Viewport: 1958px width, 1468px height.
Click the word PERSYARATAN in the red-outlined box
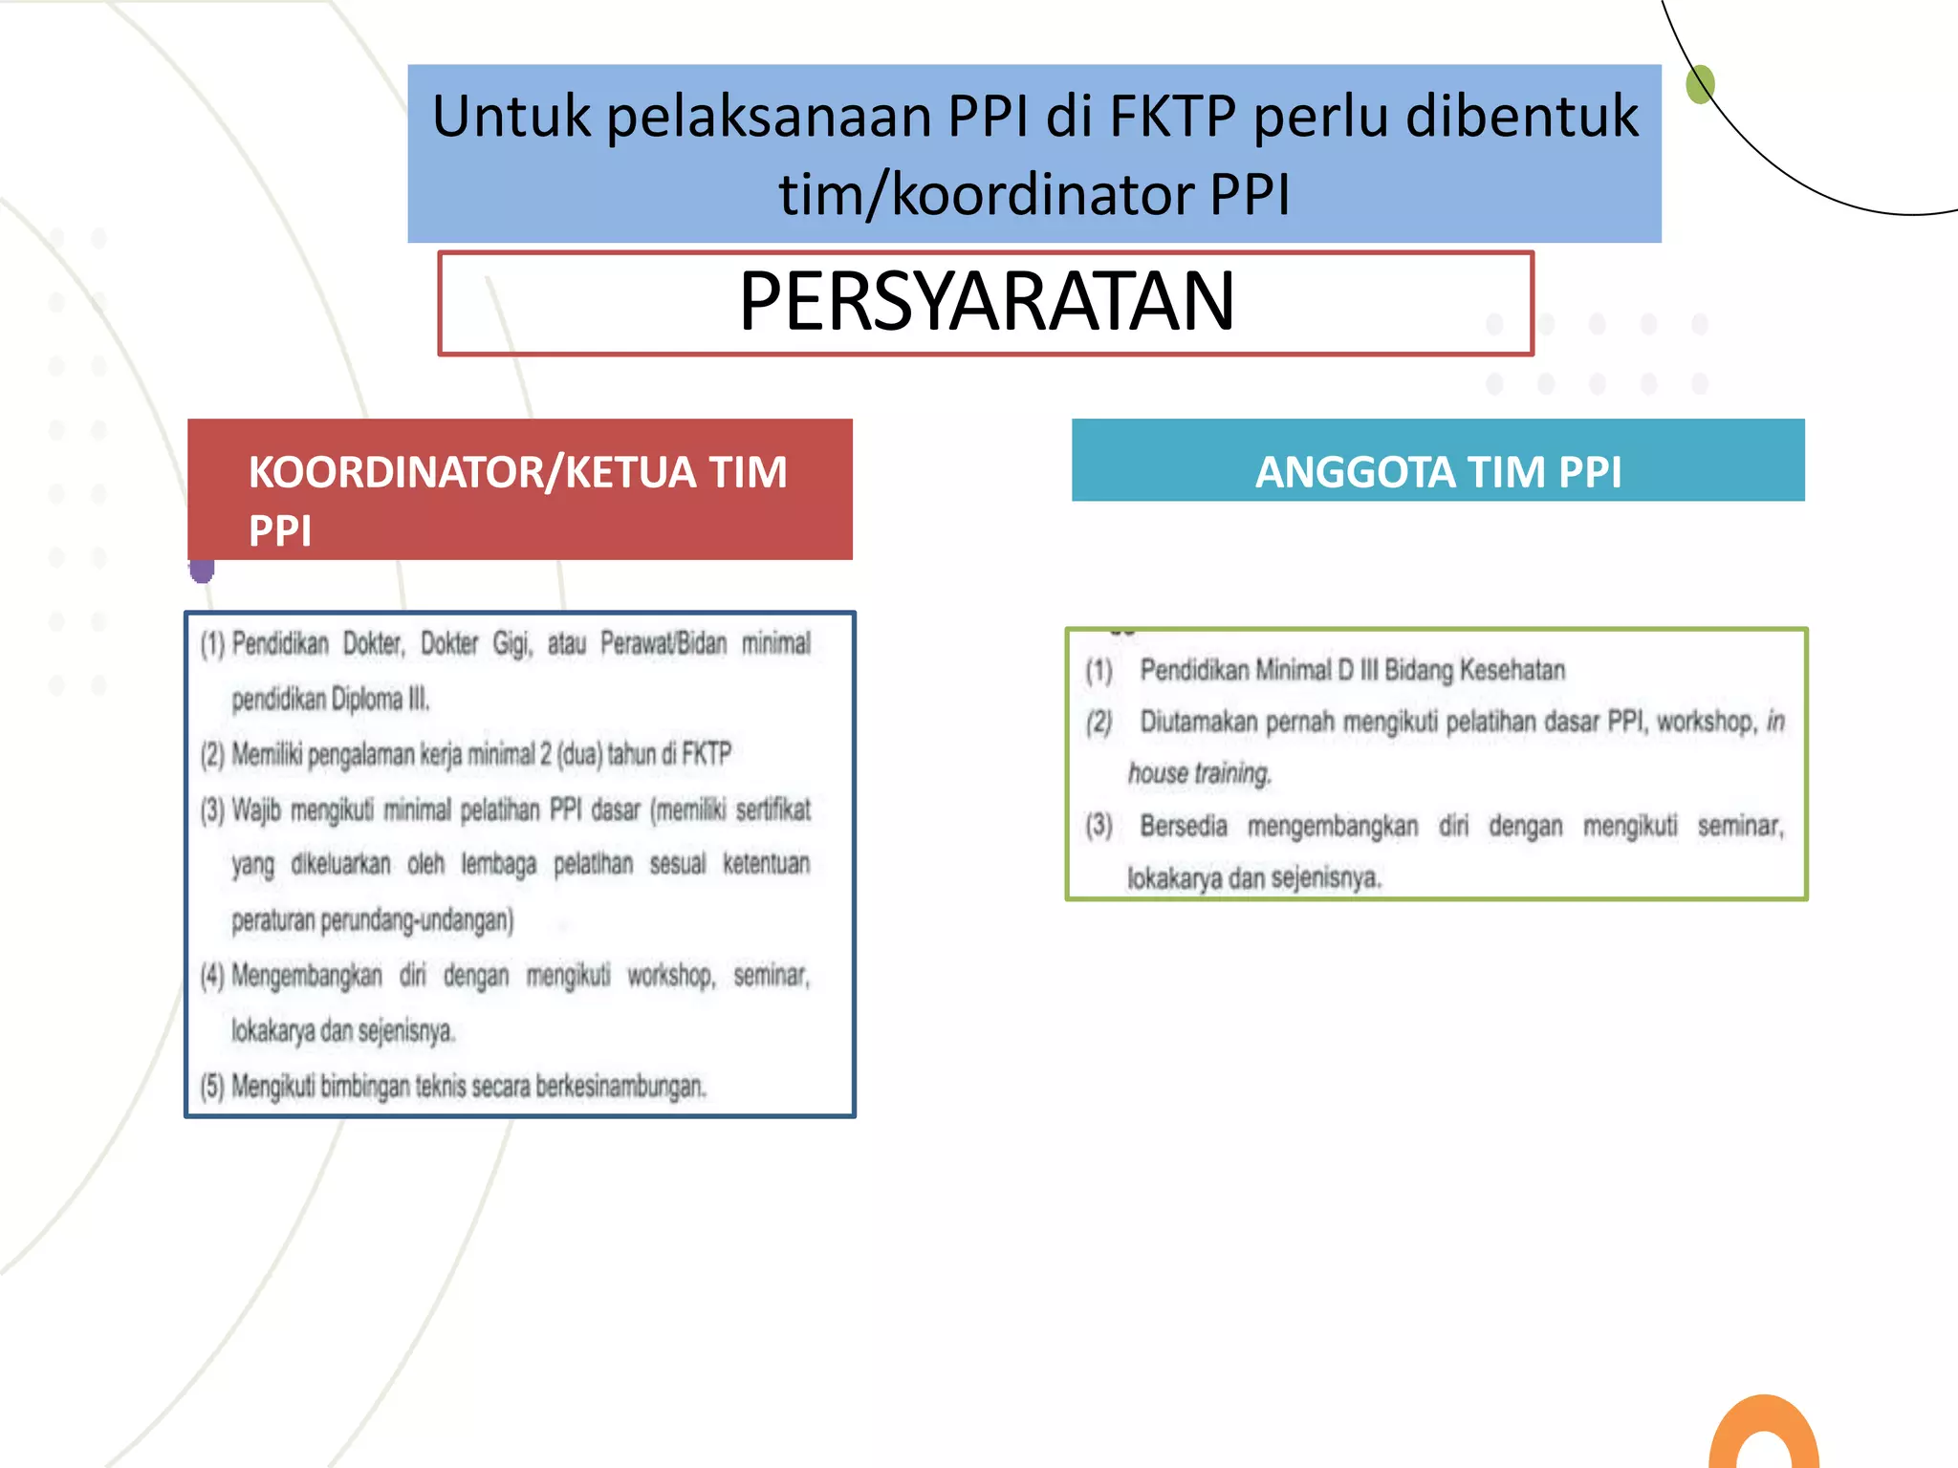(x=986, y=302)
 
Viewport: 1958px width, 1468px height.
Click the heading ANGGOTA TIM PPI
(x=1437, y=472)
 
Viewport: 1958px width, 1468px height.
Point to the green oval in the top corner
(x=1700, y=84)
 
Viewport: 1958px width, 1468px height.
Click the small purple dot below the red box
(x=202, y=572)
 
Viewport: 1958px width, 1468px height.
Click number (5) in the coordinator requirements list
(x=211, y=1087)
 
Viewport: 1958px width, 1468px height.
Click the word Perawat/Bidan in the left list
(x=664, y=644)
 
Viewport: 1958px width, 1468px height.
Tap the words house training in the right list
(x=1199, y=773)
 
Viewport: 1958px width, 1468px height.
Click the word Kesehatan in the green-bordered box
(x=1520, y=670)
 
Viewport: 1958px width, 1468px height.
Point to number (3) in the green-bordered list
(x=1099, y=825)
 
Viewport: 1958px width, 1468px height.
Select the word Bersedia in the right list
(x=1183, y=825)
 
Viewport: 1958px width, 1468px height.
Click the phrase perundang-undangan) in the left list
(x=417, y=920)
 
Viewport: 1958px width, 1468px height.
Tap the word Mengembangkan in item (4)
(x=306, y=976)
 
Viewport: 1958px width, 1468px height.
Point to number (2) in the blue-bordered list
(x=211, y=755)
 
